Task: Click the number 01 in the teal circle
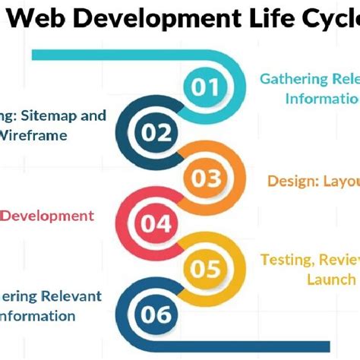[204, 87]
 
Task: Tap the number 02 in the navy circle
[157, 134]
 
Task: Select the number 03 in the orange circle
[205, 178]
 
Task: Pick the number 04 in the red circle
[156, 223]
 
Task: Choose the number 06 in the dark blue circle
[156, 314]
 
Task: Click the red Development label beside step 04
[47, 216]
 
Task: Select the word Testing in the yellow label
[288, 260]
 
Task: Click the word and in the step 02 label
[93, 116]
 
